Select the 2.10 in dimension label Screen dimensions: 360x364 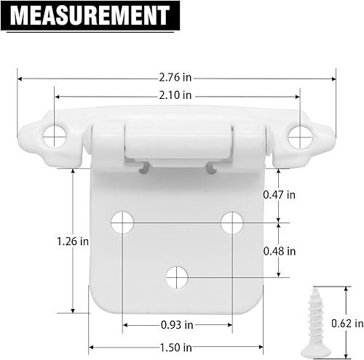tap(177, 95)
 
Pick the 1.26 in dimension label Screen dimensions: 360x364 tap(74, 239)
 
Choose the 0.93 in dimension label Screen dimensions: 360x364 tap(177, 324)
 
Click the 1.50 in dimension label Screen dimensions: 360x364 tap(177, 347)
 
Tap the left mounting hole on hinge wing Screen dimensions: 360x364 tap(53, 134)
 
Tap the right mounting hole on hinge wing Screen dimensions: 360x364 tap(298, 135)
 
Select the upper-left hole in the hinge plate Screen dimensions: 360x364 tap(122, 223)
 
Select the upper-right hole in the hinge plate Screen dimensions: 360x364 tap(232, 223)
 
